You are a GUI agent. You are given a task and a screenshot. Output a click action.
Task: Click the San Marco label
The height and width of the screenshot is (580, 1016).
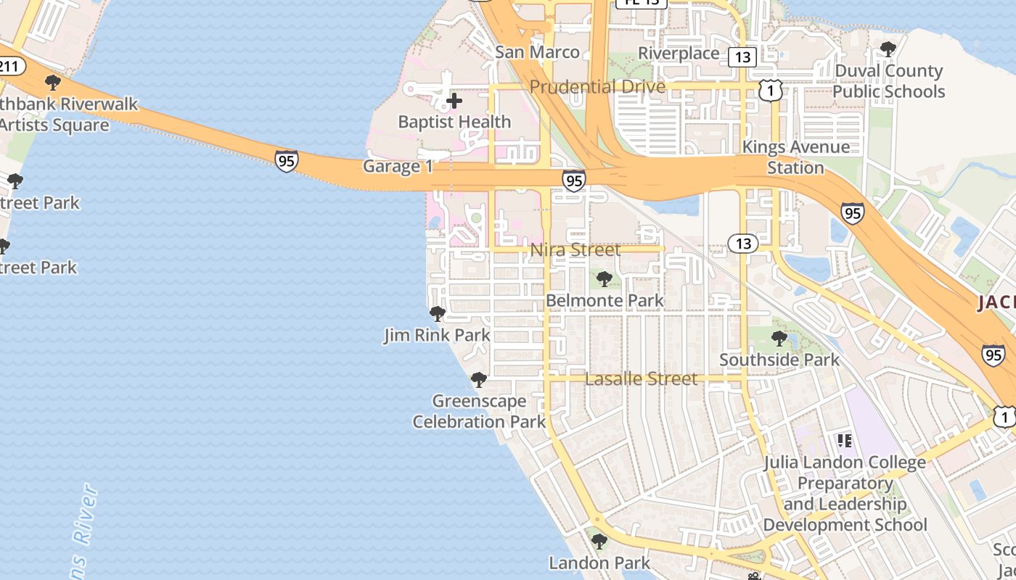pyautogui.click(x=537, y=52)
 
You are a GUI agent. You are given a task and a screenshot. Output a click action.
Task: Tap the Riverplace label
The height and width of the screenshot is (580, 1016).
pyautogui.click(x=679, y=53)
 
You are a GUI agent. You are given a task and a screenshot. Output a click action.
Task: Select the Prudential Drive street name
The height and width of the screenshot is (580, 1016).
pyautogui.click(x=597, y=87)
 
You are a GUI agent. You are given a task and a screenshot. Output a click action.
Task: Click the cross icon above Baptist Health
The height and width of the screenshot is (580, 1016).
pyautogui.click(x=454, y=101)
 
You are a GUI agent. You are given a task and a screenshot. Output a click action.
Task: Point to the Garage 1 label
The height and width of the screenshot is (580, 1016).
pyautogui.click(x=398, y=166)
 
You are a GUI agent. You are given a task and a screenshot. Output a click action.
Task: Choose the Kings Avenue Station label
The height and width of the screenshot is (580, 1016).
pyautogui.click(x=795, y=157)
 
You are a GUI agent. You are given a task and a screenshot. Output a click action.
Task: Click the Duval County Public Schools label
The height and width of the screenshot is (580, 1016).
pyautogui.click(x=888, y=81)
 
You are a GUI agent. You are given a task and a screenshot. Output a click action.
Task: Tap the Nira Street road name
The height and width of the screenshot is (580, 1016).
pyautogui.click(x=575, y=250)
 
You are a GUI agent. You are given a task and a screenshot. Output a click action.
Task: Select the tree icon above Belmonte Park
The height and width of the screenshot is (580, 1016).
pyautogui.click(x=604, y=278)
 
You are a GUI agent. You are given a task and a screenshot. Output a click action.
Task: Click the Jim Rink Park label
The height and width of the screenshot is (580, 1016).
pyautogui.click(x=437, y=335)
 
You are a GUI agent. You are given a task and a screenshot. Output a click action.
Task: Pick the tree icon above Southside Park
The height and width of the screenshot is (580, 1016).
pyautogui.click(x=779, y=338)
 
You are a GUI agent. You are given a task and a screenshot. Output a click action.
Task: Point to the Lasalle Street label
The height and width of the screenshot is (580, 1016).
pyautogui.click(x=641, y=378)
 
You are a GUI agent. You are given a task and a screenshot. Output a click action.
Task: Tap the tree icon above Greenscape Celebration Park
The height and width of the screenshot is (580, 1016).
pyautogui.click(x=478, y=379)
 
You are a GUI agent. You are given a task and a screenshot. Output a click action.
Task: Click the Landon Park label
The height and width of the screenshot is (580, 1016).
pyautogui.click(x=599, y=563)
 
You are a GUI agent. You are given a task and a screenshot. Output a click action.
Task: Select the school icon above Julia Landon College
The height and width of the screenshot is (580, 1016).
pyautogui.click(x=844, y=440)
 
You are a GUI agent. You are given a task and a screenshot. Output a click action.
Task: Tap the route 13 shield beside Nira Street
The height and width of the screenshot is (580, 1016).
pyautogui.click(x=743, y=244)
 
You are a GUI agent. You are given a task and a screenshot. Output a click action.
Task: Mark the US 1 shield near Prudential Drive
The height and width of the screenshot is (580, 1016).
pyautogui.click(x=772, y=90)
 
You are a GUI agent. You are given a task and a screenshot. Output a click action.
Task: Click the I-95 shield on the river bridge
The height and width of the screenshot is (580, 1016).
pyautogui.click(x=287, y=160)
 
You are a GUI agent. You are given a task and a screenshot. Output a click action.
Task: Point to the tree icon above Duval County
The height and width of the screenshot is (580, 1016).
pyautogui.click(x=888, y=49)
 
